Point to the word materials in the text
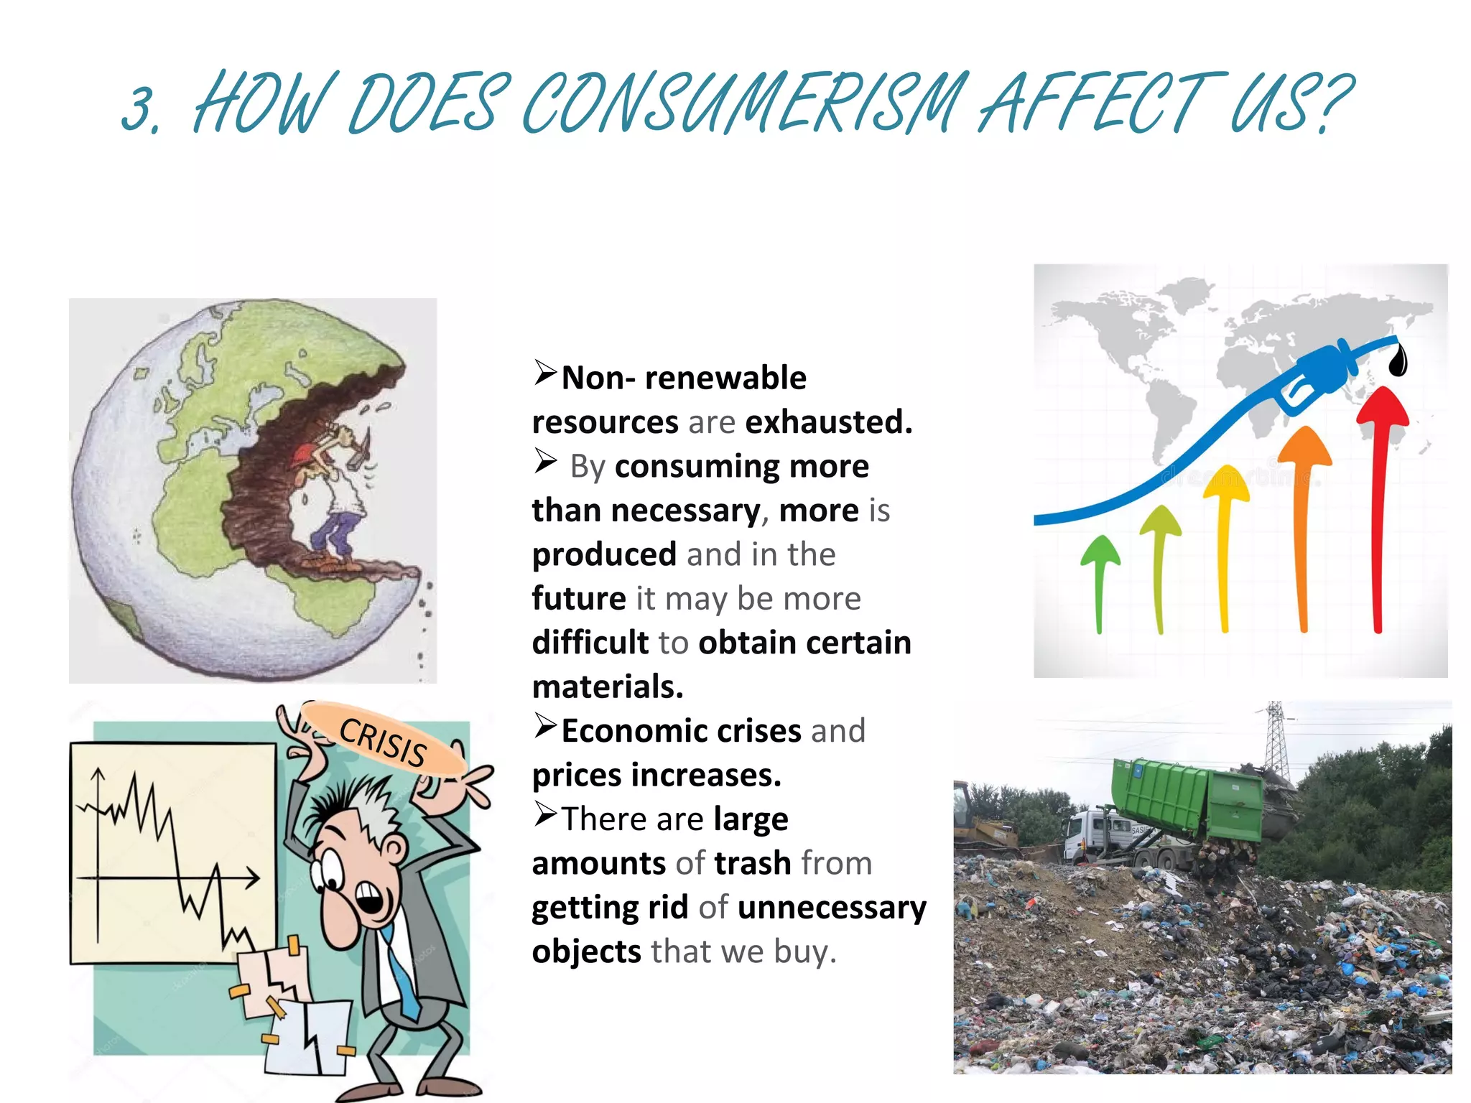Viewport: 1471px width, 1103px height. (607, 687)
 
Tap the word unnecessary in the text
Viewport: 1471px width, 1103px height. (832, 908)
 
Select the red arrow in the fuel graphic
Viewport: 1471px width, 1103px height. (1380, 503)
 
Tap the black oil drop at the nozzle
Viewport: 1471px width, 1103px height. (1398, 360)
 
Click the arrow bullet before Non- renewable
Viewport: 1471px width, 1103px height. (545, 373)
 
